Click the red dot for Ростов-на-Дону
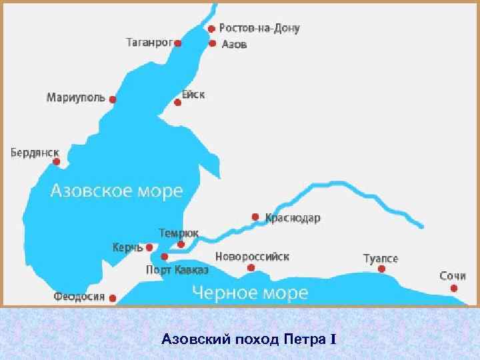211,29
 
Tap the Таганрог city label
149,43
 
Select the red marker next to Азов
212,44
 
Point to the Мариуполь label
75,98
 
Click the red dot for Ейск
178,103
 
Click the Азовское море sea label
117,191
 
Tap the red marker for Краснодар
255,217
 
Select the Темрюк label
178,233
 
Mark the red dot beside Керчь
149,247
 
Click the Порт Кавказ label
177,270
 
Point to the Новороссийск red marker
251,268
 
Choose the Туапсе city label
381,258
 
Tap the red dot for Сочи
454,288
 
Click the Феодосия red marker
113,298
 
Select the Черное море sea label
250,292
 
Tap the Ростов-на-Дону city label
259,29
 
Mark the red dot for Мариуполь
113,99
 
